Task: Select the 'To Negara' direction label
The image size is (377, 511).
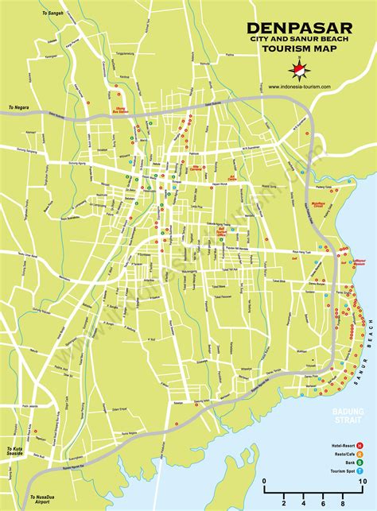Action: pyautogui.click(x=17, y=108)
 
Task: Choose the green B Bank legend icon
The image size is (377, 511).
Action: pyautogui.click(x=360, y=461)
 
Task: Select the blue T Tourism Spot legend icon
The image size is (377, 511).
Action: pyautogui.click(x=360, y=470)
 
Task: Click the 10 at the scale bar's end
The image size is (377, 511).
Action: pyautogui.click(x=362, y=481)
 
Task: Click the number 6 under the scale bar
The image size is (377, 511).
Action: pyautogui.click(x=323, y=501)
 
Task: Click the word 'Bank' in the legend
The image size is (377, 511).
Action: pyautogui.click(x=344, y=461)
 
